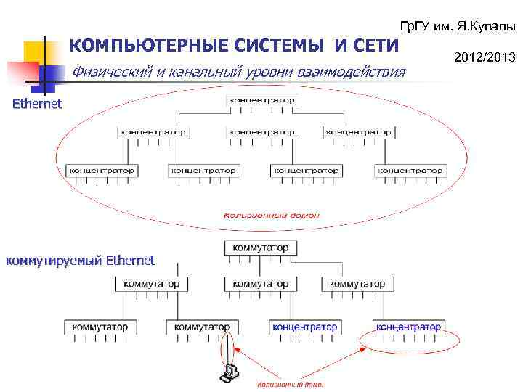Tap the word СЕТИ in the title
[376, 46]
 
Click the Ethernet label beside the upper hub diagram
[38, 104]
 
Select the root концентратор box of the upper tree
[261, 99]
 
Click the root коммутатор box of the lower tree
[260, 248]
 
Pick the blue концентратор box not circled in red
[304, 327]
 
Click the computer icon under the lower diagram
[230, 372]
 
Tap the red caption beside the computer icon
[289, 383]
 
